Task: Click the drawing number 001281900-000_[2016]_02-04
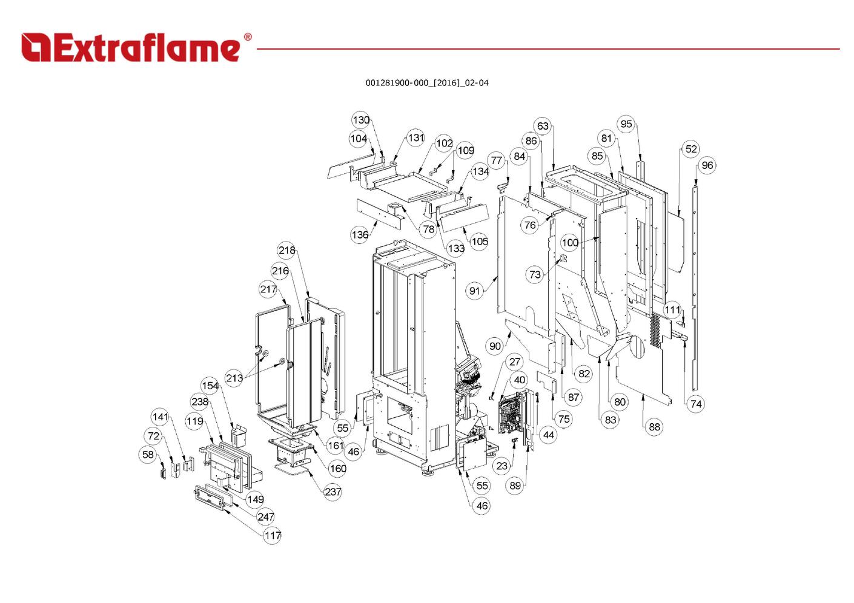[x=426, y=83]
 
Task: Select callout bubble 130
[x=361, y=120]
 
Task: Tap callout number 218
[x=287, y=250]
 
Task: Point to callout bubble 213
[x=234, y=378]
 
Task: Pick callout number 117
[x=273, y=535]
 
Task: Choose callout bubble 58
[x=148, y=455]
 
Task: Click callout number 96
[x=707, y=165]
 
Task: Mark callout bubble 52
[x=691, y=149]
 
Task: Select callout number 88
[x=654, y=427]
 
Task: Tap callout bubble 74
[x=696, y=404]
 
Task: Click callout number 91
[x=474, y=291]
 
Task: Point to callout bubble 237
[x=333, y=492]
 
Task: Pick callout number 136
[x=360, y=235]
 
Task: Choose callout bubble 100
[x=570, y=243]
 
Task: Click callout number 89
[x=515, y=485]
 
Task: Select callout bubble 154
[x=210, y=386]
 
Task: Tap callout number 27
[x=514, y=362]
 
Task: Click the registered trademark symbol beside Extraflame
[x=247, y=38]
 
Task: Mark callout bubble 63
[x=543, y=126]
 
